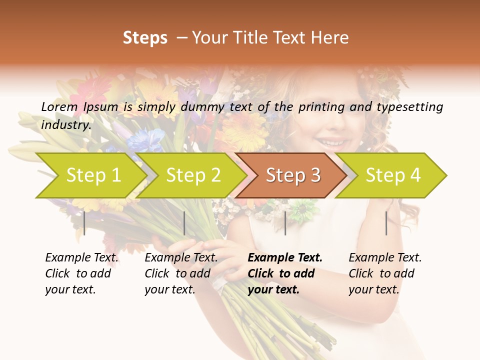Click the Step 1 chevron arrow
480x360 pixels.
click(92, 175)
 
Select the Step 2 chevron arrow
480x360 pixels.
click(193, 175)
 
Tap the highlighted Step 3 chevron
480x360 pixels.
click(292, 175)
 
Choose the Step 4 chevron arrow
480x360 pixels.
click(392, 175)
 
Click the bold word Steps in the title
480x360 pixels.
click(145, 37)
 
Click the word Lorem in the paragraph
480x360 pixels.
click(59, 106)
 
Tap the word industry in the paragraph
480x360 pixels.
click(65, 124)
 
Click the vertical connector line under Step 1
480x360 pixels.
click(84, 223)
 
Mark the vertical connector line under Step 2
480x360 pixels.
click(184, 223)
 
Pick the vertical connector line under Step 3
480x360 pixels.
click(285, 223)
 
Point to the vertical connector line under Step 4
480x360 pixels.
click(386, 223)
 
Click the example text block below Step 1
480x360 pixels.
click(81, 273)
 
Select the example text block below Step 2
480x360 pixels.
click(181, 273)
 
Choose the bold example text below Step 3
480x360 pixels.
click(284, 273)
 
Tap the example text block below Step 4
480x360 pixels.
click(385, 273)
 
